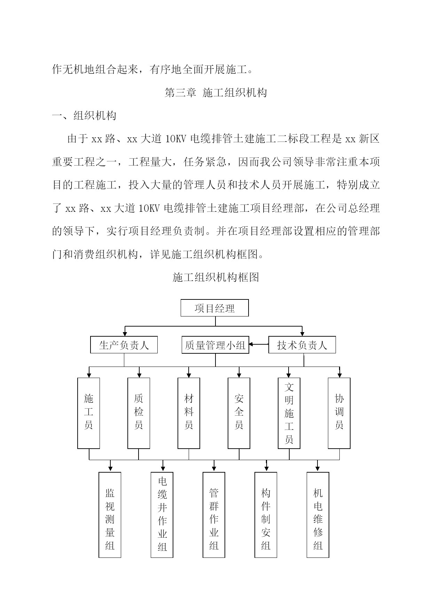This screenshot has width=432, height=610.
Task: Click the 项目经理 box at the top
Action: click(214, 308)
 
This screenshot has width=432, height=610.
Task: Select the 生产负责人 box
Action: click(124, 345)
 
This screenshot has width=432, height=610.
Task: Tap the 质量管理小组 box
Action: click(215, 345)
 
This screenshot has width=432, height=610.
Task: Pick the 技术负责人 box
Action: click(302, 345)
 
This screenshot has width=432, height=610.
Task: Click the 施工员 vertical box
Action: click(89, 413)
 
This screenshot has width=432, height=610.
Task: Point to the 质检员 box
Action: click(139, 413)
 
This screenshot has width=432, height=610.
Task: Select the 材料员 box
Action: click(189, 413)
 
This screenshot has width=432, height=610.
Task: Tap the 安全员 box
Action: click(239, 413)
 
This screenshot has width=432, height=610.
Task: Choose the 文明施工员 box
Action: click(289, 413)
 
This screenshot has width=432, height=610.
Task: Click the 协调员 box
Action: click(339, 413)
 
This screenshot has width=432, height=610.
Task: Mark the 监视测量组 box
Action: click(110, 515)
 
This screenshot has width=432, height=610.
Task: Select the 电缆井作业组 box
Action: click(162, 515)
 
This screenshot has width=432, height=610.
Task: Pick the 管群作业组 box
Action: click(214, 515)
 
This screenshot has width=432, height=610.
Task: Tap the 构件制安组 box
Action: click(266, 515)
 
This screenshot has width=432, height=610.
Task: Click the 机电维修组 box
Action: click(318, 515)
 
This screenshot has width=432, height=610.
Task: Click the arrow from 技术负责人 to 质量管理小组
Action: click(259, 345)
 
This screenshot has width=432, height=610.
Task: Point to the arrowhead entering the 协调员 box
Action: click(340, 375)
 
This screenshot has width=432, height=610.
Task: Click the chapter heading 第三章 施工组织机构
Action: click(216, 93)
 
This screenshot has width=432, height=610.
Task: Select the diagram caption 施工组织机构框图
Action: click(216, 277)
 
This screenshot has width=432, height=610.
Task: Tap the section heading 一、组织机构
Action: click(84, 115)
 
